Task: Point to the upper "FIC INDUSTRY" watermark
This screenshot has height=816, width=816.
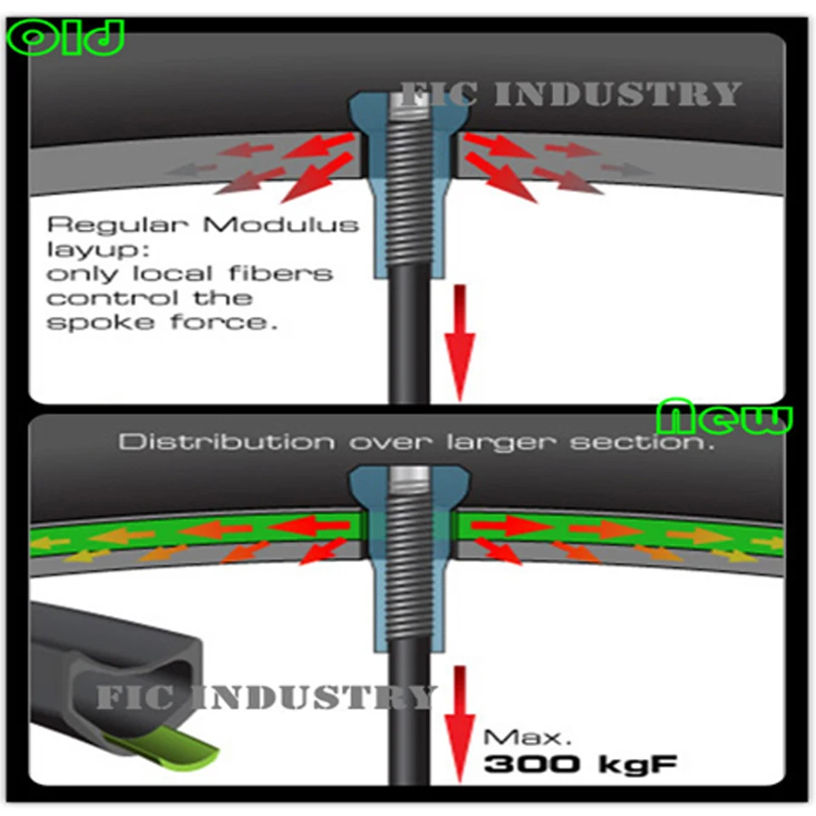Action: (x=571, y=93)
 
